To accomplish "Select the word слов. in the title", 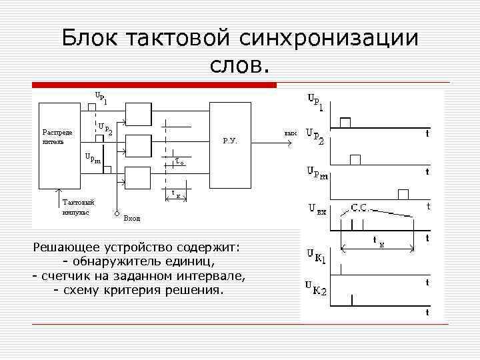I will point(241,65).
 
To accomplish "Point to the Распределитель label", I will point(57,137).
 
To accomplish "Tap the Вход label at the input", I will point(132,218).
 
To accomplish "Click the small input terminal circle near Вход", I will point(116,215).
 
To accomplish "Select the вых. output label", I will point(290,133).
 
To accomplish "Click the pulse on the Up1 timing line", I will point(345,122).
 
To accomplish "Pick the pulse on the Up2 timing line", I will point(355,159).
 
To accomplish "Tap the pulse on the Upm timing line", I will point(403,194).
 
